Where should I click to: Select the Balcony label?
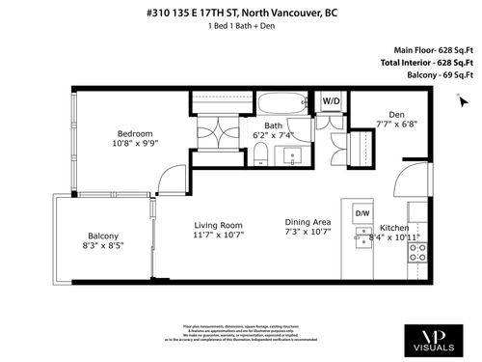pyautogui.click(x=103, y=237)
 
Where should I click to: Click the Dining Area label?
pyautogui.click(x=308, y=221)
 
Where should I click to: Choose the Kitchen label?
pyautogui.click(x=392, y=226)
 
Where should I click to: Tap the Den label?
pyautogui.click(x=396, y=113)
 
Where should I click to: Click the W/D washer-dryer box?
pyautogui.click(x=331, y=99)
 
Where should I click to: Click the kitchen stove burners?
pyautogui.click(x=417, y=253)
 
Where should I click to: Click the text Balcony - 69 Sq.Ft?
pyautogui.click(x=433, y=74)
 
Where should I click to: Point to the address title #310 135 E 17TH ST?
pyautogui.click(x=241, y=13)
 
